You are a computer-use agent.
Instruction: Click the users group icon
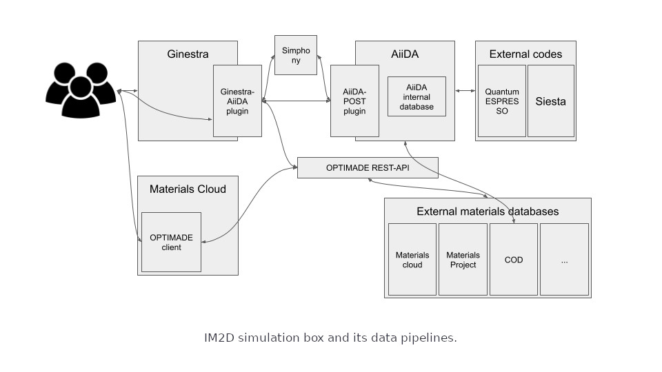click(x=81, y=90)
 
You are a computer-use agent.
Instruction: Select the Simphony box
click(x=296, y=55)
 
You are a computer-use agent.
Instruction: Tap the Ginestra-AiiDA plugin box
click(x=237, y=101)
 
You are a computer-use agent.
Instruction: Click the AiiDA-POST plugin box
click(x=354, y=101)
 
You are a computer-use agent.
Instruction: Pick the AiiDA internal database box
click(x=417, y=96)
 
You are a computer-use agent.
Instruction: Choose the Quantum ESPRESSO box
click(x=502, y=101)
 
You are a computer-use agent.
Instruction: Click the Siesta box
click(x=551, y=101)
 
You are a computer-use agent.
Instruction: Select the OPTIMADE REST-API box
click(x=368, y=168)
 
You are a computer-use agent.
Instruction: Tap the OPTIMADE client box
click(x=172, y=242)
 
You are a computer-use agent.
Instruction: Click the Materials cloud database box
click(x=412, y=260)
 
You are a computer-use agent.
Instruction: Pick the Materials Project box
click(x=463, y=260)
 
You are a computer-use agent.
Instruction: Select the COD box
click(x=514, y=260)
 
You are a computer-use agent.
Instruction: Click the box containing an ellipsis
click(x=565, y=260)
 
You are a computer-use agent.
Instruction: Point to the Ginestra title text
click(x=188, y=54)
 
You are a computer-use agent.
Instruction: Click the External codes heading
click(x=525, y=54)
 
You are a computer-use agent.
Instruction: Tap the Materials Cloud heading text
click(x=188, y=189)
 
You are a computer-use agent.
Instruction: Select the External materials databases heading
click(x=488, y=211)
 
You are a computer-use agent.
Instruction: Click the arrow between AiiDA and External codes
click(x=465, y=91)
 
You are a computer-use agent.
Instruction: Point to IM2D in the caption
click(x=219, y=338)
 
